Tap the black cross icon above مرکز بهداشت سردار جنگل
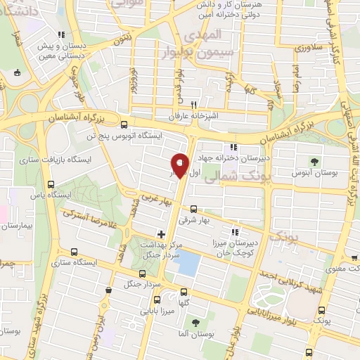pos(161,233)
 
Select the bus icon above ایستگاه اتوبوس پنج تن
pos(124,121)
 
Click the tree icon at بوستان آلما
pos(195,322)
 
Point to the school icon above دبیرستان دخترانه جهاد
pos(233,147)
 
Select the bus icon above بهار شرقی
pos(194,208)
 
